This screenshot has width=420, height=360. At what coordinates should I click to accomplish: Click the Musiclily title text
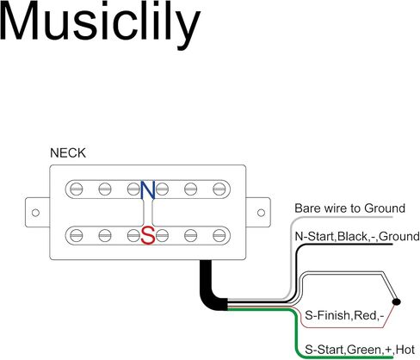click(100, 26)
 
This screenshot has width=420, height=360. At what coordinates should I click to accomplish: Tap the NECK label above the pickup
click(68, 153)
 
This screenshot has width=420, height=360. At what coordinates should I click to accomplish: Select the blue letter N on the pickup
click(148, 189)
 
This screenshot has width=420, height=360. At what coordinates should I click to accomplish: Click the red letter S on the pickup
click(148, 235)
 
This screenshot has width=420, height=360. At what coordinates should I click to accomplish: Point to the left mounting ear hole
click(35, 213)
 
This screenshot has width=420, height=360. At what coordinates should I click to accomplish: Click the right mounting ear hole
click(261, 213)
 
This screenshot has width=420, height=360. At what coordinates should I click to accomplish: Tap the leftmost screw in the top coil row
click(77, 189)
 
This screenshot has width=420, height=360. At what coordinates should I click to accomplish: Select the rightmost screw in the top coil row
click(219, 189)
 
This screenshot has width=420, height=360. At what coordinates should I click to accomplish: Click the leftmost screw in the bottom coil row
click(77, 236)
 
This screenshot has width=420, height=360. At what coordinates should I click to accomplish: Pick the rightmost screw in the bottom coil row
click(219, 236)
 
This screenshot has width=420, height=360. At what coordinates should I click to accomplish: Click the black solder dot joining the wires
click(397, 301)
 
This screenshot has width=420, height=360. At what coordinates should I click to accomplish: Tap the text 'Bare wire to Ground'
click(349, 208)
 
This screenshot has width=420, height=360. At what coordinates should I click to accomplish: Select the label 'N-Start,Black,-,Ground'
click(357, 237)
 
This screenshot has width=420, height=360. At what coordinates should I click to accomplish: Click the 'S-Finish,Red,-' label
click(344, 315)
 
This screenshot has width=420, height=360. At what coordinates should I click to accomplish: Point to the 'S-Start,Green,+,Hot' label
click(360, 350)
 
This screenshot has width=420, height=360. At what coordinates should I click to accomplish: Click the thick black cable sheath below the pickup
click(209, 289)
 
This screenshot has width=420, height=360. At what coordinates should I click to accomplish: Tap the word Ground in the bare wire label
click(385, 208)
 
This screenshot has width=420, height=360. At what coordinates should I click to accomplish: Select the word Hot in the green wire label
click(405, 350)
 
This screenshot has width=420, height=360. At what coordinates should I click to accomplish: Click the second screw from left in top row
click(105, 189)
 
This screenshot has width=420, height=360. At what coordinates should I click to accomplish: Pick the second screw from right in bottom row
click(191, 236)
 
